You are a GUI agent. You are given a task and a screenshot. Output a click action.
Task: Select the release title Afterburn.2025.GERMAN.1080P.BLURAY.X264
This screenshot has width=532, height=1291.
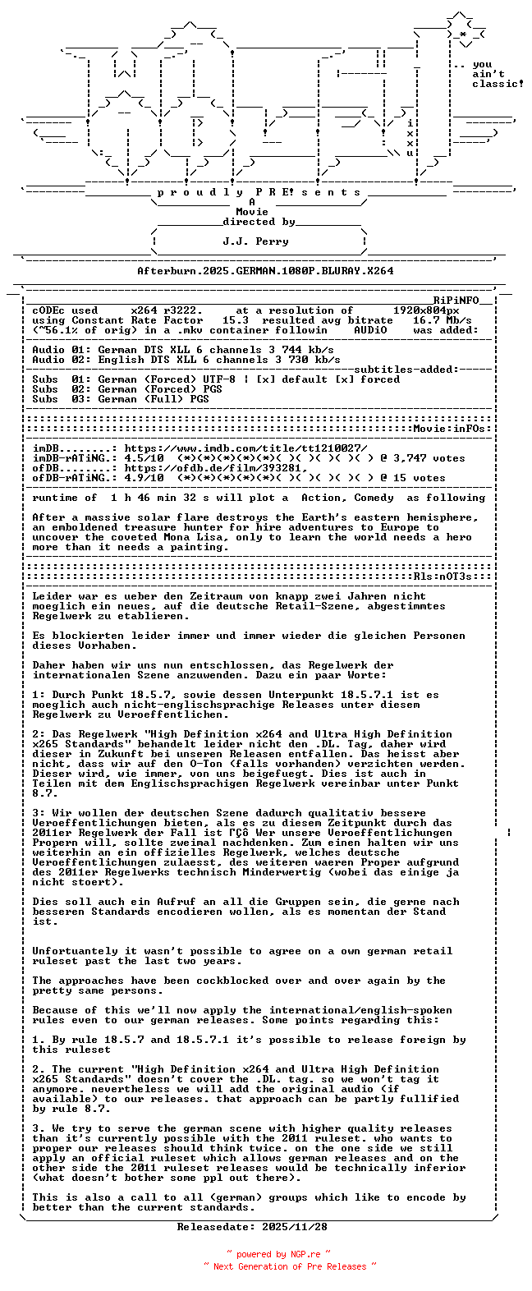pyautogui.click(x=265, y=270)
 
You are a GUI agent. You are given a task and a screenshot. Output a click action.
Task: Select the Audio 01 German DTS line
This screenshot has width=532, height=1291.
pyautogui.click(x=182, y=350)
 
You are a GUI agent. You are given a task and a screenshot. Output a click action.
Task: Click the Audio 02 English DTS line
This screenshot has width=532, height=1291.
pyautogui.click(x=186, y=360)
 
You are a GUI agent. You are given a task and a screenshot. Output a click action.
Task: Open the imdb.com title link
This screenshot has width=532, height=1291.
pyautogui.click(x=245, y=448)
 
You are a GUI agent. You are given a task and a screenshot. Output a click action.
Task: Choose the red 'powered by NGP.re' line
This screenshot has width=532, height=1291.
pyautogui.click(x=278, y=1254)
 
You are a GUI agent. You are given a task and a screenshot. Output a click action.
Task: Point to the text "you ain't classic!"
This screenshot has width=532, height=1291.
pyautogui.click(x=496, y=74)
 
